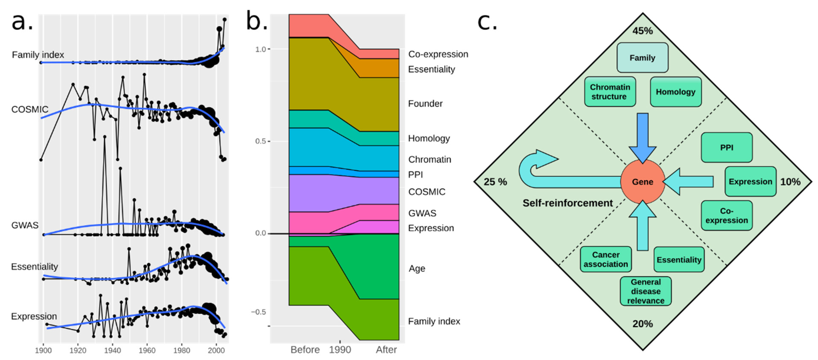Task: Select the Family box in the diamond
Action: [642, 58]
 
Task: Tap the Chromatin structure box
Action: [610, 92]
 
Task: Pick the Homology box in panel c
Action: [675, 92]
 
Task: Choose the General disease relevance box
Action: [646, 291]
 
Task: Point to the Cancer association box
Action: [605, 259]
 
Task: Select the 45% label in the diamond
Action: [642, 31]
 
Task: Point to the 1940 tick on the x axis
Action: [112, 350]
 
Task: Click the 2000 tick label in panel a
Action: [216, 350]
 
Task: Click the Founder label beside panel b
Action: [425, 103]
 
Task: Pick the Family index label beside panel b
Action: [434, 321]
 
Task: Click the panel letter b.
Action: [257, 21]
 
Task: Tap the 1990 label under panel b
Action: [340, 350]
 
